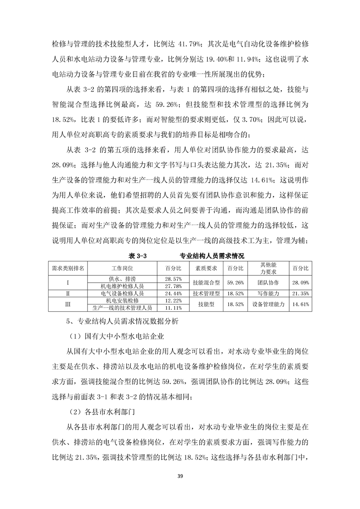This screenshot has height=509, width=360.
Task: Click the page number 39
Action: click(x=180, y=475)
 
